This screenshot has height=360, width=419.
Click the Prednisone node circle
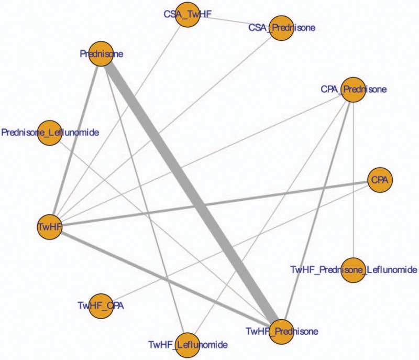click(102, 53)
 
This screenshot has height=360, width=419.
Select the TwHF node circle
click(49, 226)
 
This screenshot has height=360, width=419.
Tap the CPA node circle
click(380, 179)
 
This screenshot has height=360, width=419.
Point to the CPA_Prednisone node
click(354, 90)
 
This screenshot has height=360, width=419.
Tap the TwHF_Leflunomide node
click(188, 344)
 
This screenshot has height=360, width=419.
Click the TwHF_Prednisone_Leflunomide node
click(354, 269)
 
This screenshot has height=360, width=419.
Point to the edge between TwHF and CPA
click(215, 203)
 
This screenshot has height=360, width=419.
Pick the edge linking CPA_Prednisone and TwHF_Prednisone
click(317, 210)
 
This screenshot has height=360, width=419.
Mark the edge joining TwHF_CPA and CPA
click(240, 242)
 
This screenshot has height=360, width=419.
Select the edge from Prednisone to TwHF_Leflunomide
click(145, 199)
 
